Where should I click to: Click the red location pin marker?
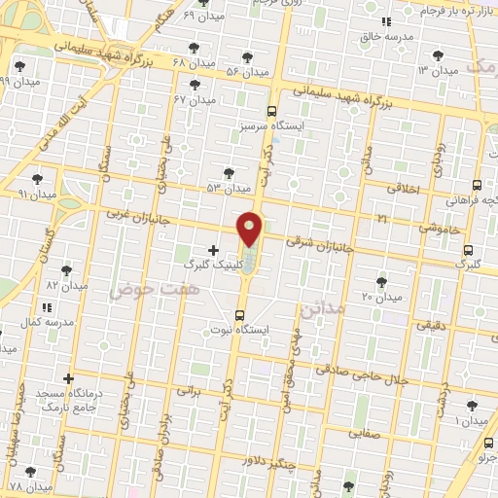click(x=250, y=230)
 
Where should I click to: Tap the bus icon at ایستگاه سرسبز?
click(x=271, y=111)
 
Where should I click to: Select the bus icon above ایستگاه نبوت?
click(x=239, y=314)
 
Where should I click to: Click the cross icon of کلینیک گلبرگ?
click(x=213, y=250)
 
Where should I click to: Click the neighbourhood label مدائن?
click(x=323, y=312)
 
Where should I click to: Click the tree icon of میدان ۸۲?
click(x=67, y=270)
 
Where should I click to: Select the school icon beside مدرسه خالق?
click(x=386, y=21)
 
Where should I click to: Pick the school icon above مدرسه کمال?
click(x=47, y=307)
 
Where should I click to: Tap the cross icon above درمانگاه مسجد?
click(x=68, y=378)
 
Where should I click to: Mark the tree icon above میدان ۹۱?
click(x=37, y=179)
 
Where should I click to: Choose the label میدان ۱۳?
click(x=437, y=71)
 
